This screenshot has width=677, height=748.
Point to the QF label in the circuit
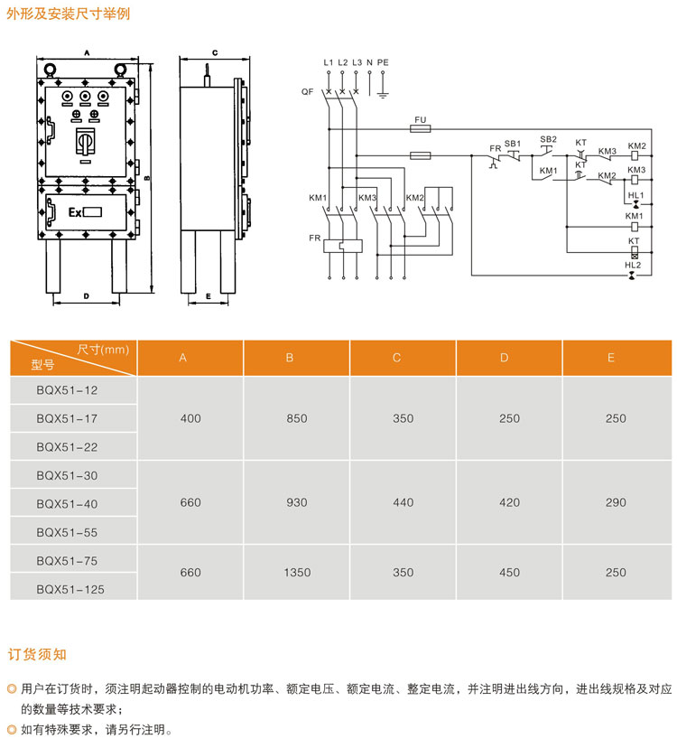[x=308, y=92]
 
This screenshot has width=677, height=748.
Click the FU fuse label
[x=419, y=119]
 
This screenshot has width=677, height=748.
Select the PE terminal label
[x=383, y=61]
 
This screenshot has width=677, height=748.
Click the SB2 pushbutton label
[x=548, y=138]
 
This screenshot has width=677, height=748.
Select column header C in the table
[x=396, y=358]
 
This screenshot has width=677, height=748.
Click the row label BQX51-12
[x=67, y=390]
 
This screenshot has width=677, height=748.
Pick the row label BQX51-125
[x=70, y=588]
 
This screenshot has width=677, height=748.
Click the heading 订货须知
[x=37, y=654]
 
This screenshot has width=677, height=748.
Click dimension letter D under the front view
[x=86, y=295]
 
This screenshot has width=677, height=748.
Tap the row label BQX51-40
[x=67, y=504]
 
